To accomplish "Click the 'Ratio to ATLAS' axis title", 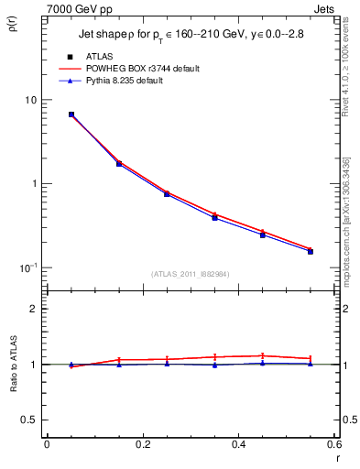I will pos(13,382).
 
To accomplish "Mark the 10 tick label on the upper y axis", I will pos(30,99).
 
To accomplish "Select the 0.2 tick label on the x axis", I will pos(142,444).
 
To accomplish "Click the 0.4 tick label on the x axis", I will pos(238,444).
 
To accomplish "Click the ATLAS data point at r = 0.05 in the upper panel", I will pos(71,115).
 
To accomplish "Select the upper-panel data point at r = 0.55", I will pos(311,251).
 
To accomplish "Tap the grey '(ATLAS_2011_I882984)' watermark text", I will pos(190,275).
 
